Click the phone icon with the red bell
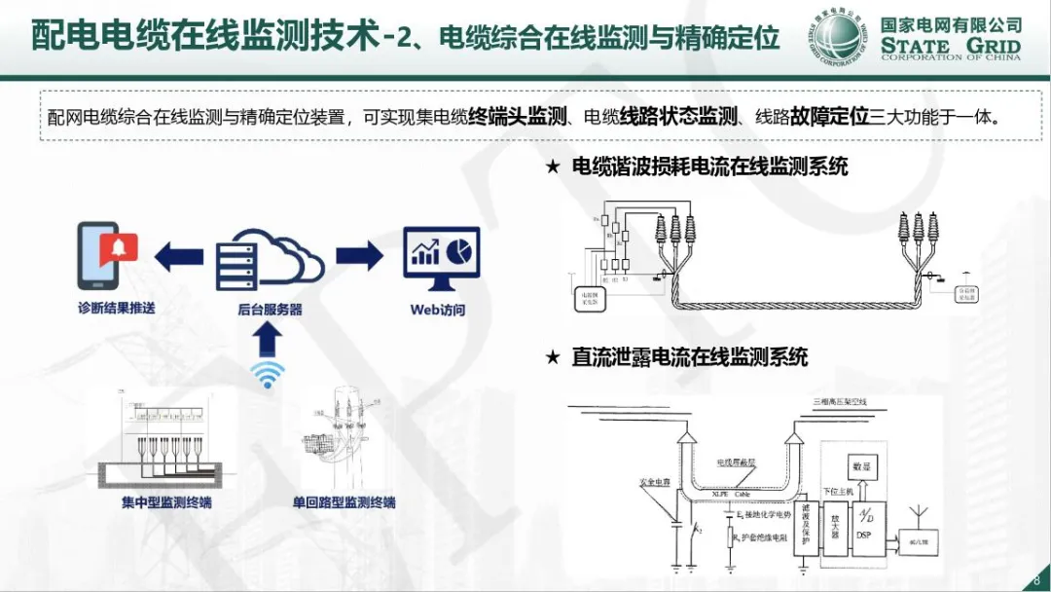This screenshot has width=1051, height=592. tap(106, 255)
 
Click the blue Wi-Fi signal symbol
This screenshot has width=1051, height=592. tap(269, 374)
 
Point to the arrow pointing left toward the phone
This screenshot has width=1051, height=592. tap(180, 257)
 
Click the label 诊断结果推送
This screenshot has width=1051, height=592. tap(117, 309)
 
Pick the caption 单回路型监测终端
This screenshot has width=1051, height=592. tap(344, 502)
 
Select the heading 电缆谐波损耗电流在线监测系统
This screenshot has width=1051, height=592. tap(710, 166)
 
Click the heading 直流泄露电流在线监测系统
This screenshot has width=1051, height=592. tap(690, 357)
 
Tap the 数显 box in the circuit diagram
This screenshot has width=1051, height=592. tap(860, 466)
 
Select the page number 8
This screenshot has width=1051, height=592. tap(1036, 578)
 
